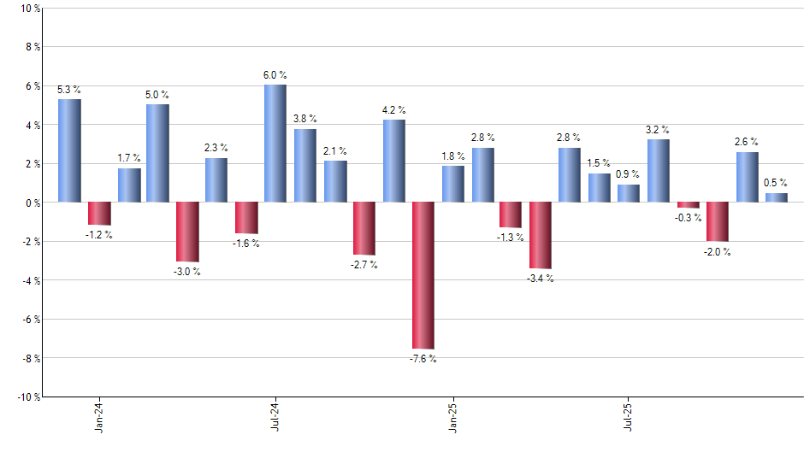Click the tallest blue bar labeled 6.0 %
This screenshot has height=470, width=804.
click(275, 144)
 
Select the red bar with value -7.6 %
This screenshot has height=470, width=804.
click(423, 275)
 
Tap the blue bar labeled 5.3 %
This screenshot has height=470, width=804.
click(69, 150)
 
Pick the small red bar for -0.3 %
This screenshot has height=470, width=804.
click(688, 205)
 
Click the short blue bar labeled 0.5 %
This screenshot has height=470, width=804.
click(776, 197)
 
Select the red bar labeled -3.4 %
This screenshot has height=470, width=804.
click(540, 235)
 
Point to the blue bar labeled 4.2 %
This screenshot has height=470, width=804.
click(393, 161)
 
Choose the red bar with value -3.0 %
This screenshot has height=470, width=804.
click(187, 232)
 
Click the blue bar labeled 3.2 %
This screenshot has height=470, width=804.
click(659, 171)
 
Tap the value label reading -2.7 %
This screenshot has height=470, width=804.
click(364, 265)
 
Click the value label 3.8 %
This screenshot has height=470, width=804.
click(305, 119)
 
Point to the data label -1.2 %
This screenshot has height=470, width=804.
click(99, 235)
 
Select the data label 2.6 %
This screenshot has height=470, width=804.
click(747, 142)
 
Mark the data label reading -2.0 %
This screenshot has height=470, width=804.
click(718, 251)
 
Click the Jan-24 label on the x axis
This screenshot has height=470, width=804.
click(99, 417)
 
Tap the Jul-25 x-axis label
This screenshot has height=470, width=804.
click(629, 417)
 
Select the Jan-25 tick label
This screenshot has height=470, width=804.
click(452, 417)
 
